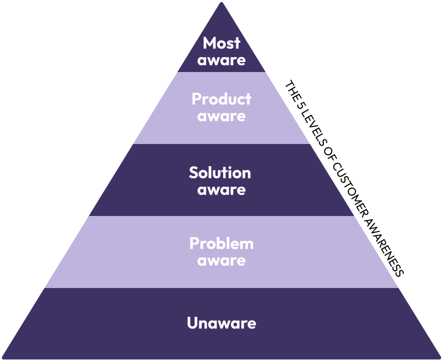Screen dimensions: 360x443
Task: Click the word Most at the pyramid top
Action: pos(221,43)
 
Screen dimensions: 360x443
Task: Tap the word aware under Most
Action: pos(221,60)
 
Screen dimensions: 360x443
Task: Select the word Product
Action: pos(221,100)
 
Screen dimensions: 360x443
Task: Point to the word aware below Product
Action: pos(221,116)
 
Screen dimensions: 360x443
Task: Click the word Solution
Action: pos(220,172)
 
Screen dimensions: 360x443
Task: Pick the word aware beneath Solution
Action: pos(221,189)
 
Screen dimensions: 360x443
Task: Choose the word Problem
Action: pos(221,244)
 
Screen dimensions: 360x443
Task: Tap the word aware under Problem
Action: pos(221,260)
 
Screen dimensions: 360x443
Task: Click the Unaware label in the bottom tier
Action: pos(221,323)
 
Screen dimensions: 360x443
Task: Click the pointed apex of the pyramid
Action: pos(221,3)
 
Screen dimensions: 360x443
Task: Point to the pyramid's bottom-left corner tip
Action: pos(3,358)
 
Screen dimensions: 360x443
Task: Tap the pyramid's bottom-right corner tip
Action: pos(440,358)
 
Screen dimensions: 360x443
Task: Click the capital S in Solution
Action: pos(194,172)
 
